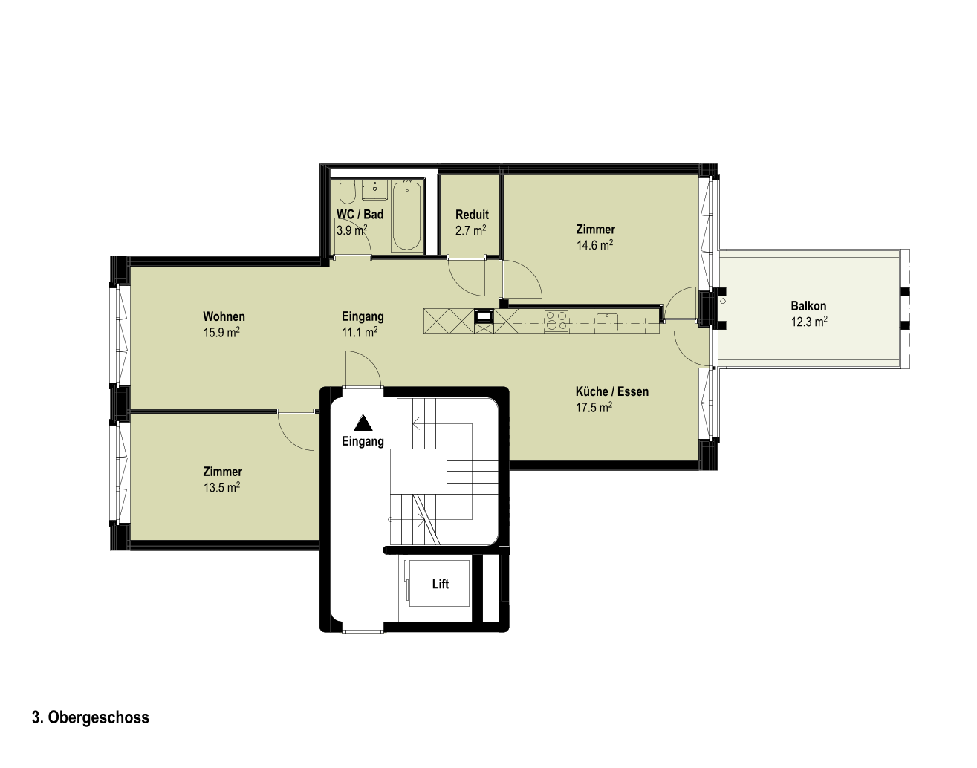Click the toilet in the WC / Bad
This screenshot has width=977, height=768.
point(348,192)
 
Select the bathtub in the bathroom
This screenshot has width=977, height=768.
point(407,215)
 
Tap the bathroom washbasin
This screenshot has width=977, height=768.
point(375,191)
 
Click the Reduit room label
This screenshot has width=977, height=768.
point(473,214)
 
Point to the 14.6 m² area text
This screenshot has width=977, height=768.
point(594,245)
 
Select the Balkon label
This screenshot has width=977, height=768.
point(808,306)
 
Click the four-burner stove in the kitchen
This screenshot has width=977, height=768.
point(556,321)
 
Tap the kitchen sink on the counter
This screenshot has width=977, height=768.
point(608,322)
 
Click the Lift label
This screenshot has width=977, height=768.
point(441,584)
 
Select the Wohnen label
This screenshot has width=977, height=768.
point(224,316)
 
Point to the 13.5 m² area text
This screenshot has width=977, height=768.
point(221,487)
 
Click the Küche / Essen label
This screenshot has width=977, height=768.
point(612,391)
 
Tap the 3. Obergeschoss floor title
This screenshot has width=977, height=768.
point(91,717)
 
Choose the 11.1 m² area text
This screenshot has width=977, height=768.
point(360,332)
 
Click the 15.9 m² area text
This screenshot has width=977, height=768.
point(221,332)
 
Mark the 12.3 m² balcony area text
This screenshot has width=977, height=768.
point(809,322)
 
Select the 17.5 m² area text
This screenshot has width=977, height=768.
point(594,407)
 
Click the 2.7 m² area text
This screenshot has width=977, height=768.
point(471,230)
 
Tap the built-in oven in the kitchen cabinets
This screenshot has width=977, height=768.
point(484,316)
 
